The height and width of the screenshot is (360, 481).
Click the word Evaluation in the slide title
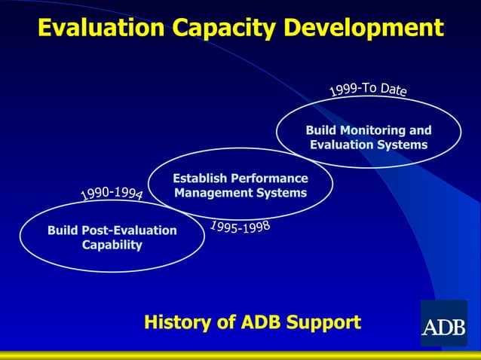[100, 28]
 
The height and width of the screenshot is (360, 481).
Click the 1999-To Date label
[369, 90]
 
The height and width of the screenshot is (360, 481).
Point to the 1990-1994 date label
[112, 194]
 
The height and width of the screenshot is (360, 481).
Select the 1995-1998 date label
[240, 226]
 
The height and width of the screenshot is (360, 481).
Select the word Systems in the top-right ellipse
[403, 145]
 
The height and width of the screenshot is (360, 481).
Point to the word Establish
[198, 178]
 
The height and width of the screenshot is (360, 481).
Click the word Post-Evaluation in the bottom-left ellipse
[129, 230]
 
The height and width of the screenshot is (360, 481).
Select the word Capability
[112, 245]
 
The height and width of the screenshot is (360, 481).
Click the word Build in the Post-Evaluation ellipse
[63, 230]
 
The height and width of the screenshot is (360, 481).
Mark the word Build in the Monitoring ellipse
[320, 130]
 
